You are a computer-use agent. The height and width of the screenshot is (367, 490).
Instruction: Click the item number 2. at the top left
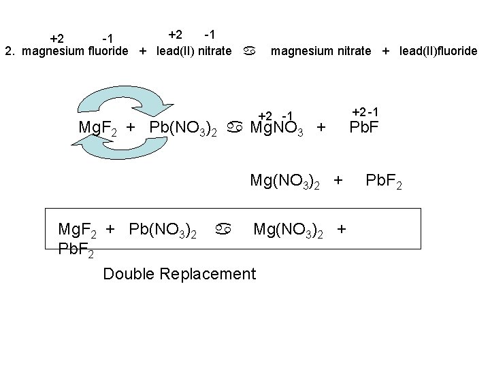pos(11,51)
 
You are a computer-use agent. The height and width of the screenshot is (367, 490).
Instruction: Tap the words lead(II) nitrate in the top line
pos(193,51)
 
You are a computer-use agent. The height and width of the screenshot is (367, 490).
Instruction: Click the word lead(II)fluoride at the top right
pos(439,51)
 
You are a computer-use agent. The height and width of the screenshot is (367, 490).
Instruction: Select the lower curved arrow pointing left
pos(116,151)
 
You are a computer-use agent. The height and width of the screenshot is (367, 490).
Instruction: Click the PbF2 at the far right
pos(384,181)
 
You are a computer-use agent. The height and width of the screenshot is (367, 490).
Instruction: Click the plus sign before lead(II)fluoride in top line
pos(386,51)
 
